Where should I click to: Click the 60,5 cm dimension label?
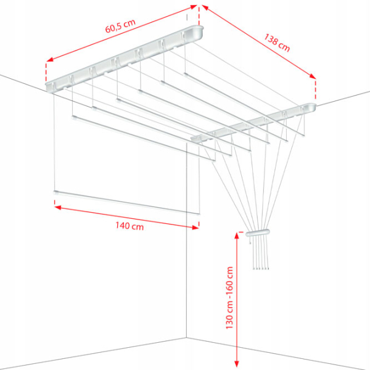(x=120, y=26)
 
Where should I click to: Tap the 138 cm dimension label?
(x=277, y=43)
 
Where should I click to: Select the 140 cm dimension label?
(x=129, y=226)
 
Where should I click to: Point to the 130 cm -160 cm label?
(x=229, y=298)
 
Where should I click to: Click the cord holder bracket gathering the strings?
(x=257, y=232)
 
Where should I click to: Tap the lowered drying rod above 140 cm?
(x=126, y=202)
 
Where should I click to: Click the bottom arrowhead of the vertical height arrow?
(x=237, y=364)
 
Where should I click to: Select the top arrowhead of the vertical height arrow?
(x=237, y=236)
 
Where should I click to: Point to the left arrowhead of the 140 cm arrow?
(x=57, y=207)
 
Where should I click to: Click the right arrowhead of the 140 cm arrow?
(x=195, y=228)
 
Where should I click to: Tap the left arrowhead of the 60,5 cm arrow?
(x=50, y=59)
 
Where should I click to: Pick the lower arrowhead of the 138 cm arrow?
(x=313, y=76)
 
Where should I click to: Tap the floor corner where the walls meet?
(x=187, y=338)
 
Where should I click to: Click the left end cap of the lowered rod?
(x=56, y=192)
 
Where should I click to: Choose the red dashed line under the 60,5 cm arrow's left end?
(x=46, y=72)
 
